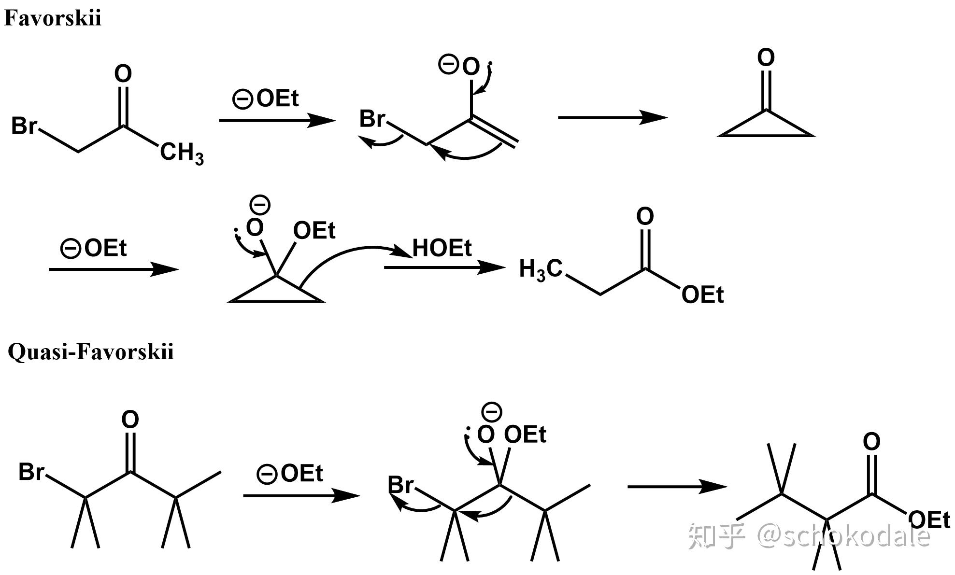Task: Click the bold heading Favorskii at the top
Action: pyautogui.click(x=53, y=18)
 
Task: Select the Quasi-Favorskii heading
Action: pyautogui.click(x=91, y=351)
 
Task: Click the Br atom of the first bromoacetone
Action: pyautogui.click(x=24, y=126)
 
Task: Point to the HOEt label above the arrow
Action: pyautogui.click(x=442, y=248)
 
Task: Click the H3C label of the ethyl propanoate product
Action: pyautogui.click(x=541, y=269)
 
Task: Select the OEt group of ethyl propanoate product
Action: pyautogui.click(x=702, y=295)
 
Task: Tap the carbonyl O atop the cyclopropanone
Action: pyautogui.click(x=766, y=58)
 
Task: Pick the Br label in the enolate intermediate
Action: pyautogui.click(x=372, y=119)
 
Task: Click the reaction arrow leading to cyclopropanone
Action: pyautogui.click(x=613, y=117)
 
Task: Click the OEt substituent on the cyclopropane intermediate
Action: pyautogui.click(x=314, y=230)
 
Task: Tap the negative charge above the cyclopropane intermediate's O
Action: pyautogui.click(x=260, y=205)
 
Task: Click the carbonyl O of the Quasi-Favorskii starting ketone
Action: pyautogui.click(x=130, y=420)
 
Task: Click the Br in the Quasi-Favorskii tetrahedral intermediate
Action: pyautogui.click(x=401, y=485)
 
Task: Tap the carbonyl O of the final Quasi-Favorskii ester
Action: pyautogui.click(x=871, y=442)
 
